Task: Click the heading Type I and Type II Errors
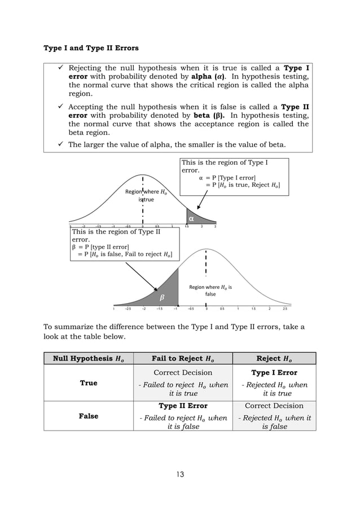(91, 48)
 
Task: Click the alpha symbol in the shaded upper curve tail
(191, 218)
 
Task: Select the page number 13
(179, 473)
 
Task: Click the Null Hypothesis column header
(89, 358)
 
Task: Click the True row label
(89, 383)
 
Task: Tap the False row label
(89, 416)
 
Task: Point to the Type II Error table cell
(183, 406)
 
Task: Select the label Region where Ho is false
(210, 291)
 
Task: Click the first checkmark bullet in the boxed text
(58, 69)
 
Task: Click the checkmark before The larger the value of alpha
(58, 144)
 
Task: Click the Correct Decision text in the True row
(183, 373)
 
